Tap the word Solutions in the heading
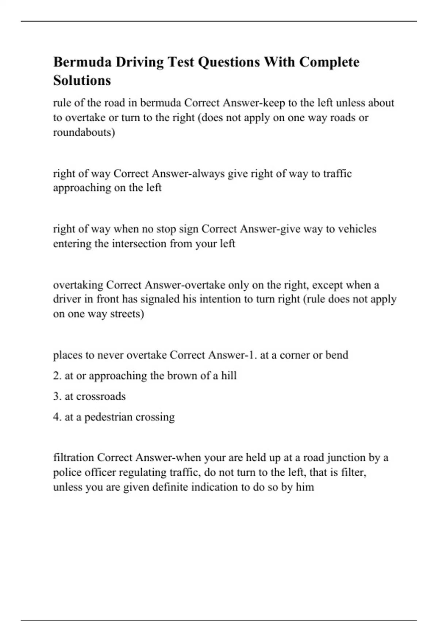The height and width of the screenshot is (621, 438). (82, 80)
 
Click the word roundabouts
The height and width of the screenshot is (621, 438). (84, 132)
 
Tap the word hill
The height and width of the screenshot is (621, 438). (229, 376)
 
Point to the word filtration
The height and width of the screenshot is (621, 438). (74, 458)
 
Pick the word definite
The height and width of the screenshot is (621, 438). (170, 487)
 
